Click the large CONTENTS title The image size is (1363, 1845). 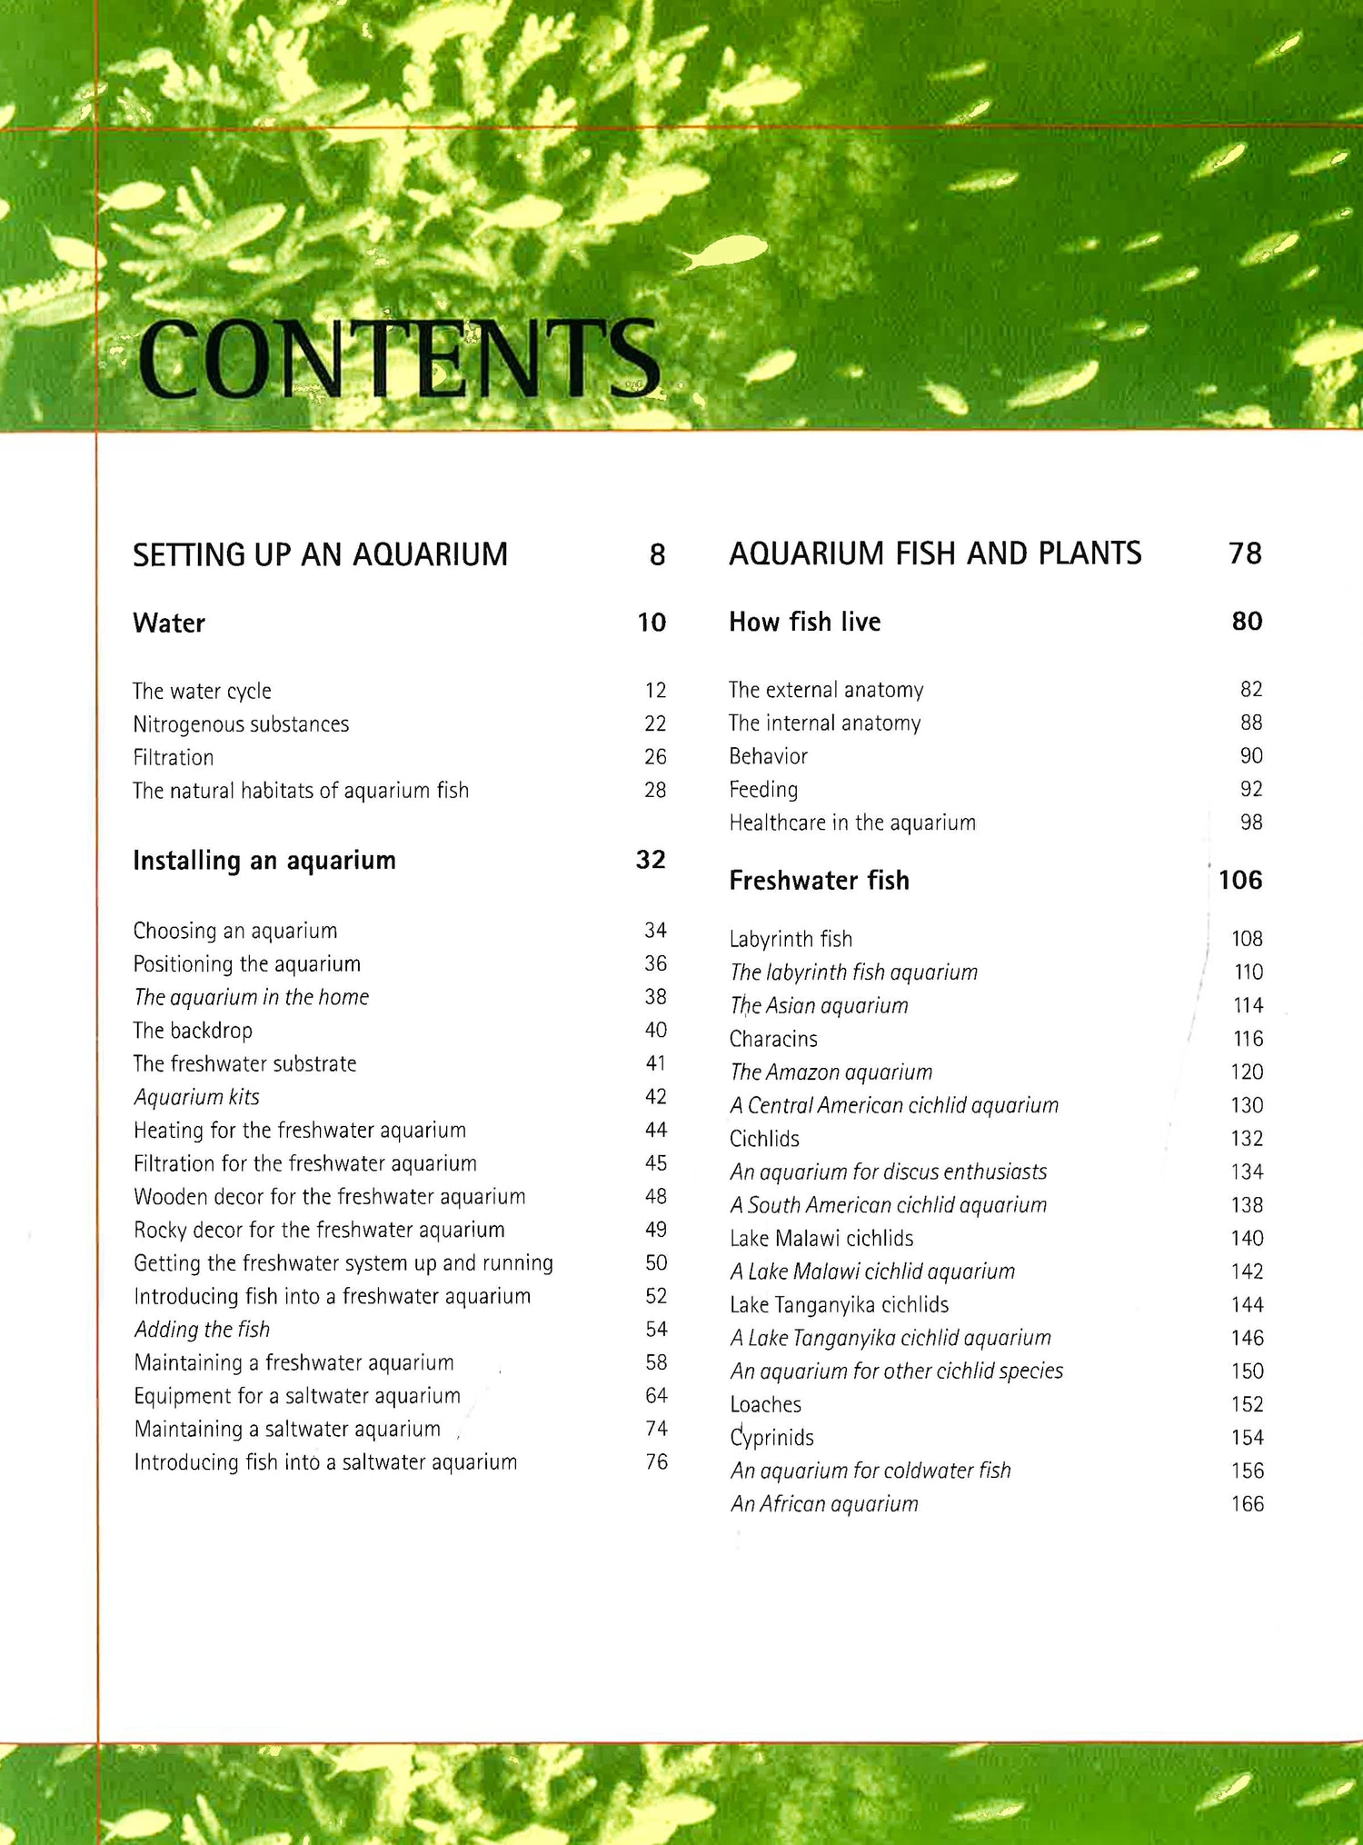(x=398, y=359)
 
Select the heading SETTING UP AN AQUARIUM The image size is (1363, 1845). (x=320, y=554)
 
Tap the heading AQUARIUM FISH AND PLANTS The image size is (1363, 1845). (x=935, y=553)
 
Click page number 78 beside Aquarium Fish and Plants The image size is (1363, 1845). (x=1244, y=553)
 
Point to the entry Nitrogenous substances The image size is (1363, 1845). (x=241, y=724)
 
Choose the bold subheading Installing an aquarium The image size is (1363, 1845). (x=264, y=861)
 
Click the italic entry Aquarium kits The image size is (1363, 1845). (x=196, y=1097)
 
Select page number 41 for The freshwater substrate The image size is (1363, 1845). (x=655, y=1063)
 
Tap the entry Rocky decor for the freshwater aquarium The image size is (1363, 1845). (x=319, y=1230)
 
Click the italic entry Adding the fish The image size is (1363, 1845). (x=202, y=1330)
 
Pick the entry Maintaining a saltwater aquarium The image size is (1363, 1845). (x=287, y=1429)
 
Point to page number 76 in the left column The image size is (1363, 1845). (x=656, y=1461)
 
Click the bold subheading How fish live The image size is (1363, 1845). (x=804, y=622)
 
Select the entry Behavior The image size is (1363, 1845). (x=768, y=756)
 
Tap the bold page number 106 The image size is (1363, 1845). (x=1240, y=880)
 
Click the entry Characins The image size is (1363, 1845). (x=773, y=1039)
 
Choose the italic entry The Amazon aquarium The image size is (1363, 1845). (x=831, y=1072)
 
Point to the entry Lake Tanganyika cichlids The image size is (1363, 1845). (x=839, y=1305)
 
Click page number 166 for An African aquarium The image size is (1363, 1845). (x=1247, y=1504)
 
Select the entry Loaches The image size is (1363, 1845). (x=765, y=1404)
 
